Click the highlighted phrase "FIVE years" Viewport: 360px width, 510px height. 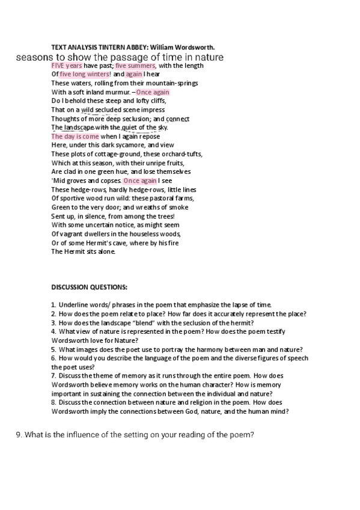point(67,66)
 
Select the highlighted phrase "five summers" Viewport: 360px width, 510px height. point(135,66)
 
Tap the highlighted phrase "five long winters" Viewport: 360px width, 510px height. point(81,75)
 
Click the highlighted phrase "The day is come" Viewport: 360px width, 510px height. point(75,137)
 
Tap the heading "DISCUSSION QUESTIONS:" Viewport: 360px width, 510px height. point(89,287)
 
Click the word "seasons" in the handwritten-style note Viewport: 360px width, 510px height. point(34,58)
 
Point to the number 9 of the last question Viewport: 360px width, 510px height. point(18,435)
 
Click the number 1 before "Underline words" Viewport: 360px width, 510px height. point(53,305)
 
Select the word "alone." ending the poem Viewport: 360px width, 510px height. point(105,252)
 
